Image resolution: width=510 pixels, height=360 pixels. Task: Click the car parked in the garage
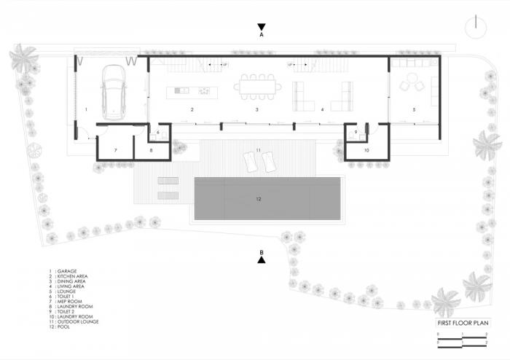(x=114, y=92)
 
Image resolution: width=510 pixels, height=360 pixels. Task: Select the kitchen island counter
(x=192, y=90)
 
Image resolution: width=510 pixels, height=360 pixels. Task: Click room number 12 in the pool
(x=257, y=197)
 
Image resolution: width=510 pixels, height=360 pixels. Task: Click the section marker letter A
(x=261, y=34)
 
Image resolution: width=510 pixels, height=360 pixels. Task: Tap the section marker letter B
(x=261, y=252)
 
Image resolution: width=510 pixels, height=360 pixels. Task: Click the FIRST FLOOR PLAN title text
(x=463, y=323)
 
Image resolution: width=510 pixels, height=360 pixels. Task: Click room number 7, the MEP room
(x=116, y=150)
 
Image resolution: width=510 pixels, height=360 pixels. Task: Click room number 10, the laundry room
(x=366, y=150)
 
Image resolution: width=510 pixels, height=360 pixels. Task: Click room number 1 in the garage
(x=86, y=109)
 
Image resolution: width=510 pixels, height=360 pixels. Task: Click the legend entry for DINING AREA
(x=69, y=282)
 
